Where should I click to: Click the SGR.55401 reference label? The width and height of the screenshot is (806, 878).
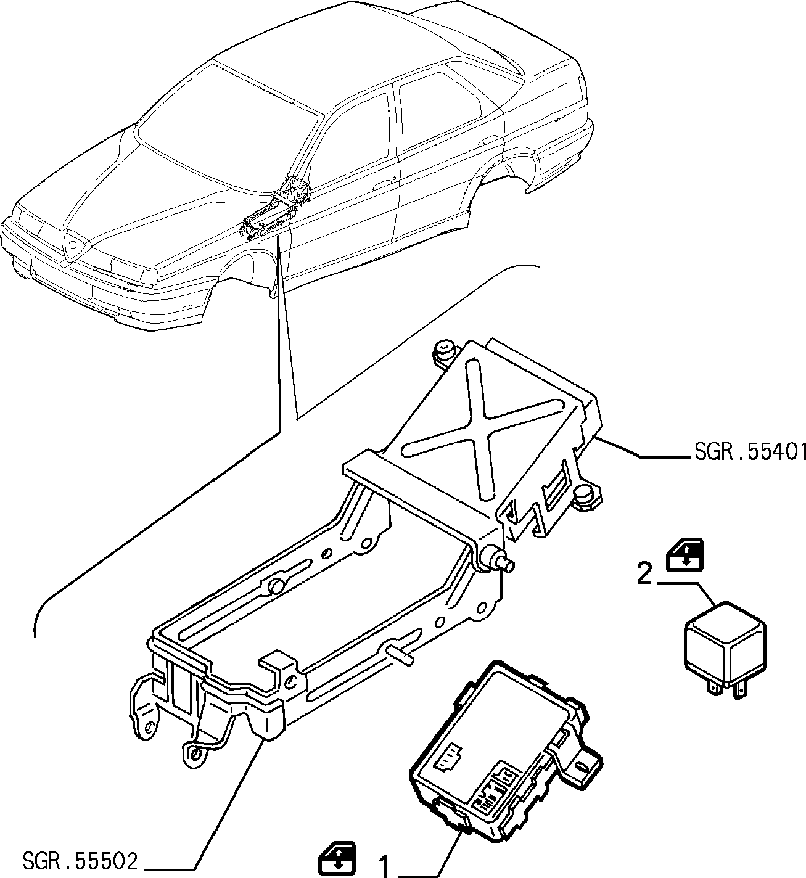click(x=749, y=453)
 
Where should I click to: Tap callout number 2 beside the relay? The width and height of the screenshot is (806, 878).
click(x=644, y=575)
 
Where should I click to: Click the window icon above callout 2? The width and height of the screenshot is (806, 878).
click(x=685, y=555)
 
